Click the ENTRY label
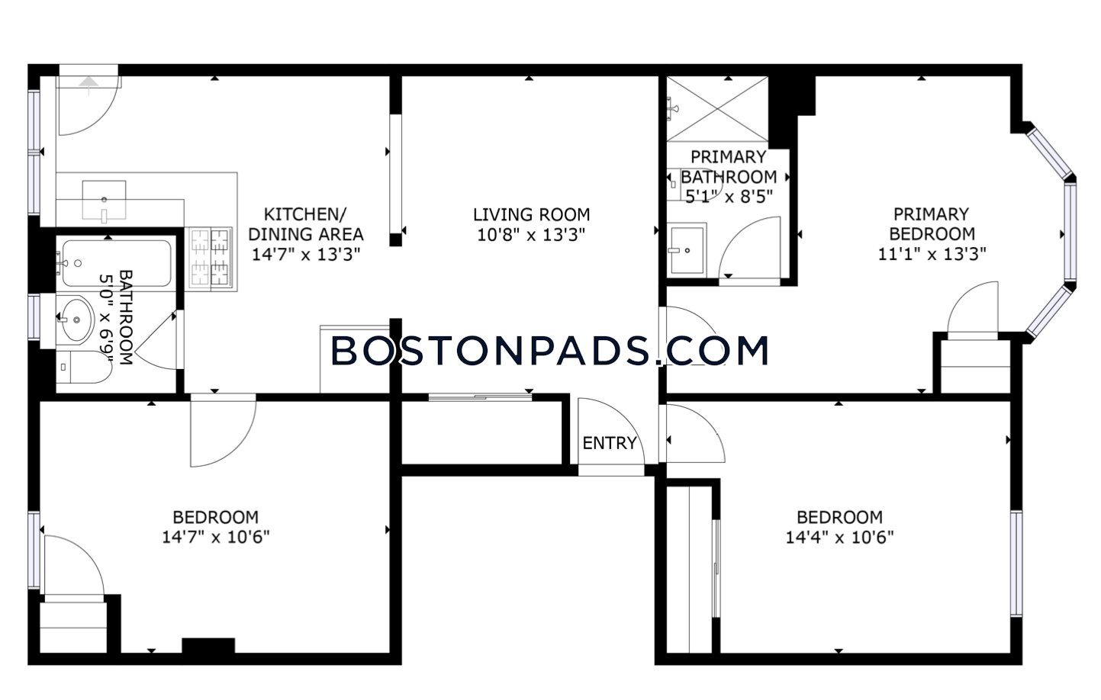[610, 443]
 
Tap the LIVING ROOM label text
[531, 215]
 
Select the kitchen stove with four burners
[211, 256]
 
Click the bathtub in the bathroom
[117, 263]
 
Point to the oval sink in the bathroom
[76, 319]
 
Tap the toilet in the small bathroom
[84, 367]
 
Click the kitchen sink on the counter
[104, 200]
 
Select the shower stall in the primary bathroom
[717, 108]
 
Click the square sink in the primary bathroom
[687, 250]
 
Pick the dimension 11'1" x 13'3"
[932, 254]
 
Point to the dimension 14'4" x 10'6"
[839, 538]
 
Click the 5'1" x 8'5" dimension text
[729, 197]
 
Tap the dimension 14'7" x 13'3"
[306, 255]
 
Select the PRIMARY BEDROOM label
[932, 224]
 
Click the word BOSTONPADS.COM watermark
[549, 350]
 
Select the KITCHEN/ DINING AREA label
[306, 224]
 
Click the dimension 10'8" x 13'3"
[531, 235]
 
